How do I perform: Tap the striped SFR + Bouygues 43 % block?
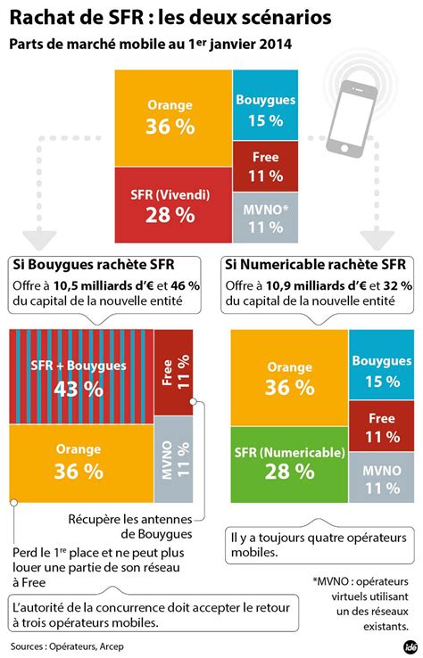pyautogui.click(x=81, y=378)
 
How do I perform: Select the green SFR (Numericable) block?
pyautogui.click(x=289, y=463)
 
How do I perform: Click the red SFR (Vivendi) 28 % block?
pyautogui.click(x=171, y=206)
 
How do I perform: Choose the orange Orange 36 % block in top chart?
pyautogui.click(x=171, y=116)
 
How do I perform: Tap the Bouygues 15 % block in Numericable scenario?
pyautogui.click(x=376, y=370)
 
